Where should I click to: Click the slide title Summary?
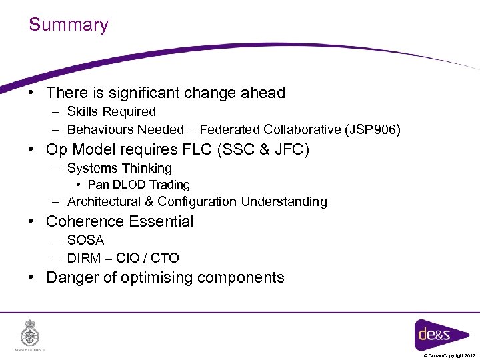pos(68,25)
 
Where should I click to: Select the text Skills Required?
pos(111,112)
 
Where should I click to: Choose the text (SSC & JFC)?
pos(263,149)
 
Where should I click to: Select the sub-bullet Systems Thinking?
pos(119,169)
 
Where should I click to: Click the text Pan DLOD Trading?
pos(139,185)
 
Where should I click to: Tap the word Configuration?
pos(197,201)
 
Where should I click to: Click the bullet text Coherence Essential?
pos(119,221)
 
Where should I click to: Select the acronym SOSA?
pos(85,240)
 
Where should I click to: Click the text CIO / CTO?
pos(147,258)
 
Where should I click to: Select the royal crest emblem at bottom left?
pos(30,331)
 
